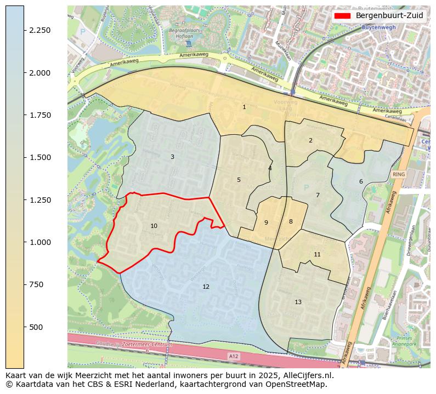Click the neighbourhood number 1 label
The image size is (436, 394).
click(244, 107)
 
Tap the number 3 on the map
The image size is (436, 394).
click(172, 157)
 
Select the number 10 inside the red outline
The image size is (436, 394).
click(154, 226)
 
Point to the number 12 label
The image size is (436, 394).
click(206, 287)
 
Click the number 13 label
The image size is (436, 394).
click(298, 302)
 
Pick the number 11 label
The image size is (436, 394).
click(317, 254)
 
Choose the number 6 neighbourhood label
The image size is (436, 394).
click(361, 181)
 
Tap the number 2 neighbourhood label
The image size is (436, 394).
click(310, 140)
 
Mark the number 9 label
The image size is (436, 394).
click(266, 222)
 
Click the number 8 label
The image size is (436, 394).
click(291, 221)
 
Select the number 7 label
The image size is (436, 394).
click(318, 195)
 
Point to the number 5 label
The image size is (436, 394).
click(239, 180)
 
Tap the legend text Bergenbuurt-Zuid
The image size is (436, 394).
click(389, 15)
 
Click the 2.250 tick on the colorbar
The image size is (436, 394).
click(40, 30)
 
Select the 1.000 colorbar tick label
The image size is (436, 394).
click(40, 242)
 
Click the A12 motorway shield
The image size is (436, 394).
click(234, 356)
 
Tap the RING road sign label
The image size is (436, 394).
click(399, 174)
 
